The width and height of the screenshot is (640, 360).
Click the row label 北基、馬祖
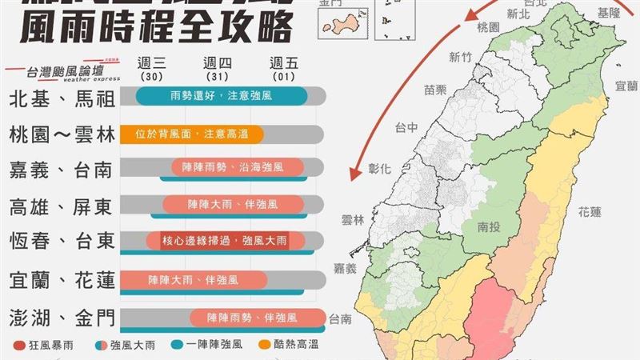61,98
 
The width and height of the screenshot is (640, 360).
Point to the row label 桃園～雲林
61,133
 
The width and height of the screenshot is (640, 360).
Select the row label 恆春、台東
61,240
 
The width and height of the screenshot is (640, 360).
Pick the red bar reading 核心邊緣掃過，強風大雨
227,240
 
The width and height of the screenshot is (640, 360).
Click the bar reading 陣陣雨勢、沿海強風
238,168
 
